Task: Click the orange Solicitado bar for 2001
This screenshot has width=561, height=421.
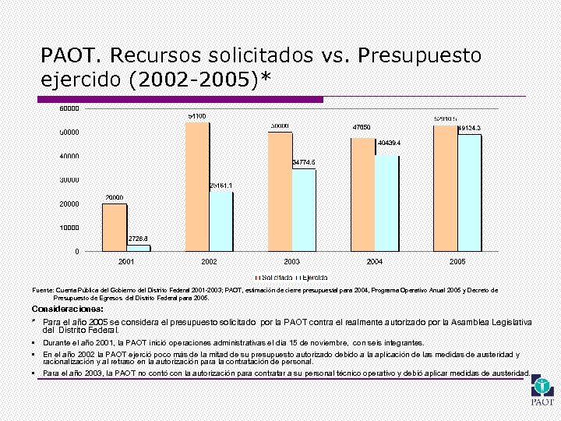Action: [115, 227]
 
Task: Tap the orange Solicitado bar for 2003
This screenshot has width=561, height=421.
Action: [280, 192]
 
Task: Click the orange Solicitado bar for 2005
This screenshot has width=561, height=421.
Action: [445, 187]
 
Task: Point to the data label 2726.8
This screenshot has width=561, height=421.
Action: [138, 238]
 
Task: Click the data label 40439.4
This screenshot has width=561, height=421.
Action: [388, 143]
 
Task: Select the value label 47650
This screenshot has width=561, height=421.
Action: [361, 126]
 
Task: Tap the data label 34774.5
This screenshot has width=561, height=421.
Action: [303, 162]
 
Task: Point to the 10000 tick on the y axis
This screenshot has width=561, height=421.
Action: [69, 228]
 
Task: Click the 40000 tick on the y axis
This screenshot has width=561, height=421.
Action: [69, 156]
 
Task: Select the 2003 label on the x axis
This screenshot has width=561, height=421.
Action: [292, 262]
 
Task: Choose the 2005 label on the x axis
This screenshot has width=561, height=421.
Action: [457, 262]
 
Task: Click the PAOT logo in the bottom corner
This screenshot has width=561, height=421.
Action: [542, 393]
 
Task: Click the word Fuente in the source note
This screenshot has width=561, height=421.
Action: [43, 290]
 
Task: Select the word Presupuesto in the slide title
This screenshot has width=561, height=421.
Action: [421, 55]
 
